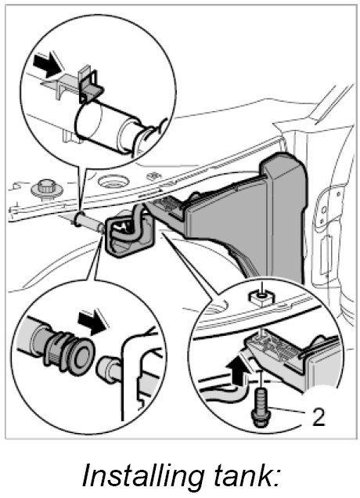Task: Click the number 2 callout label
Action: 319,417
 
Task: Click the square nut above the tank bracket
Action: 261,297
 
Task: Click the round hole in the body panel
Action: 113,182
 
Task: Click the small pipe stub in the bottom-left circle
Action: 107,369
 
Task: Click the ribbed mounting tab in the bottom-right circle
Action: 273,348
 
